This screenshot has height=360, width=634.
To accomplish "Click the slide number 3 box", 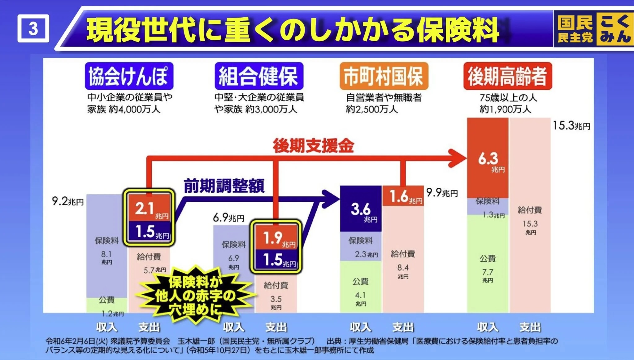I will pyautogui.click(x=33, y=28).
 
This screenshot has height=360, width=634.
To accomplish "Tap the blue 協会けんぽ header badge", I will pyautogui.click(x=129, y=76).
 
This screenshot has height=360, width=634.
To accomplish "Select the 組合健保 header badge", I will pyautogui.click(x=259, y=76).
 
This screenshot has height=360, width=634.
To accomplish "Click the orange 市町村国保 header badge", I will pyautogui.click(x=384, y=76).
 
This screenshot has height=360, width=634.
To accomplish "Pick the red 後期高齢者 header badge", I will pyautogui.click(x=508, y=76).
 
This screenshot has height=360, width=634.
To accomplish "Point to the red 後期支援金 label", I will pyautogui.click(x=313, y=146).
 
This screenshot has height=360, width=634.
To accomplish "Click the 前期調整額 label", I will pyautogui.click(x=224, y=186).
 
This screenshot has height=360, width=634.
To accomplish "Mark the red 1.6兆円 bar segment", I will pyautogui.click(x=403, y=196).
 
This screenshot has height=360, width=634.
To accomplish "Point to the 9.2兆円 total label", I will pyautogui.click(x=68, y=201).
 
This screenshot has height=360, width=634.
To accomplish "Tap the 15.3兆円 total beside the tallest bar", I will pyautogui.click(x=571, y=125).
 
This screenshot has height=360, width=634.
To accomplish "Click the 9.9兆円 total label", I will pyautogui.click(x=442, y=193).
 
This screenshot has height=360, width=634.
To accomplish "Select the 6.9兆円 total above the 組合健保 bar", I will pyautogui.click(x=228, y=217).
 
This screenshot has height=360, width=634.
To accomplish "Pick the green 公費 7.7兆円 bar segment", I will pyautogui.click(x=488, y=263).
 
